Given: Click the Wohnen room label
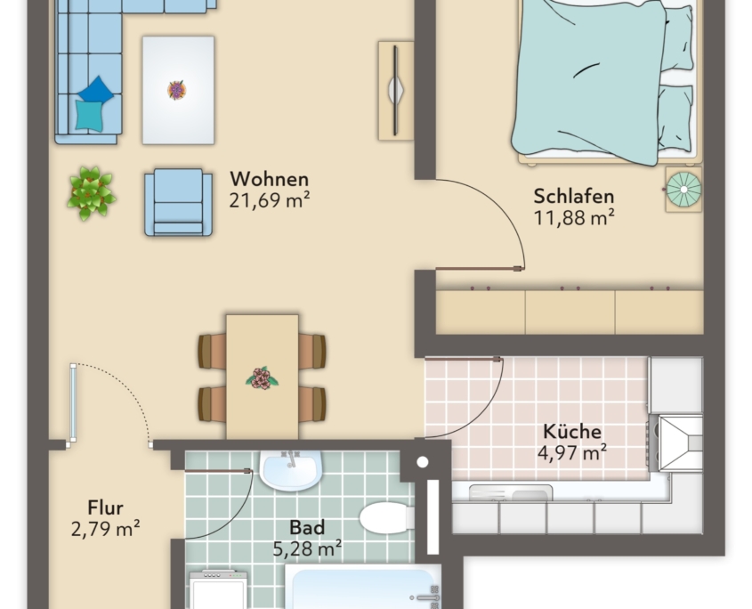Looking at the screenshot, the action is coord(269,179).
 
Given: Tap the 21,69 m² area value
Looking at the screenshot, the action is coord(269,200).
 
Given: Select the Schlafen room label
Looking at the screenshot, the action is coord(574,196).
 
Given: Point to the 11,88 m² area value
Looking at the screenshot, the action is coord(574,218).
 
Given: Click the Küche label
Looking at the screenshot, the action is coord(571,432).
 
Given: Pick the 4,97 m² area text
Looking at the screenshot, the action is coord(571,452).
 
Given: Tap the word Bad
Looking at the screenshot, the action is coord(307,527).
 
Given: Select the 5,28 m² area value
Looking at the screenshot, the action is coord(307,548).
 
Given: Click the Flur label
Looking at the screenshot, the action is coord(106,507).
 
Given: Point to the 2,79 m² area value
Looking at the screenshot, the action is coord(106,529).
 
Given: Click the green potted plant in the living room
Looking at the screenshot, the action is coord(91,193).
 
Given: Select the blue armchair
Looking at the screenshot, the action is coord(178,202).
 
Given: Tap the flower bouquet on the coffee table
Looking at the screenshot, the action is coord(176,90).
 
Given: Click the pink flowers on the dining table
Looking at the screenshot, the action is coord(262,378).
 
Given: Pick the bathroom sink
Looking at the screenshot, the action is coord(289,470).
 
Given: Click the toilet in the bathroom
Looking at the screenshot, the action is coord(386,518).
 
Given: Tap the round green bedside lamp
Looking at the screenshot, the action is coord(683,189).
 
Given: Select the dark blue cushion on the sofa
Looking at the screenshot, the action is coord(96,89).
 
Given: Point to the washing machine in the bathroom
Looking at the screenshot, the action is coord(219,589).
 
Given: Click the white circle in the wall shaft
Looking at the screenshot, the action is coord(423,462).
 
